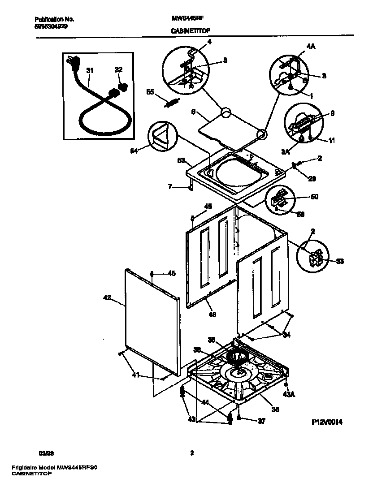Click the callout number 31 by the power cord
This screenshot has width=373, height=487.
click(x=90, y=71)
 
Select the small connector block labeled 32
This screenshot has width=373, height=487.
click(x=121, y=85)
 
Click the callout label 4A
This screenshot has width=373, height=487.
click(x=310, y=46)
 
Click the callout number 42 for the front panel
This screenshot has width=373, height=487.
click(x=107, y=297)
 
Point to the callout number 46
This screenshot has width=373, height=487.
click(x=213, y=315)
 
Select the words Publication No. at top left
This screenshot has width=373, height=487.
click(x=54, y=20)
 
